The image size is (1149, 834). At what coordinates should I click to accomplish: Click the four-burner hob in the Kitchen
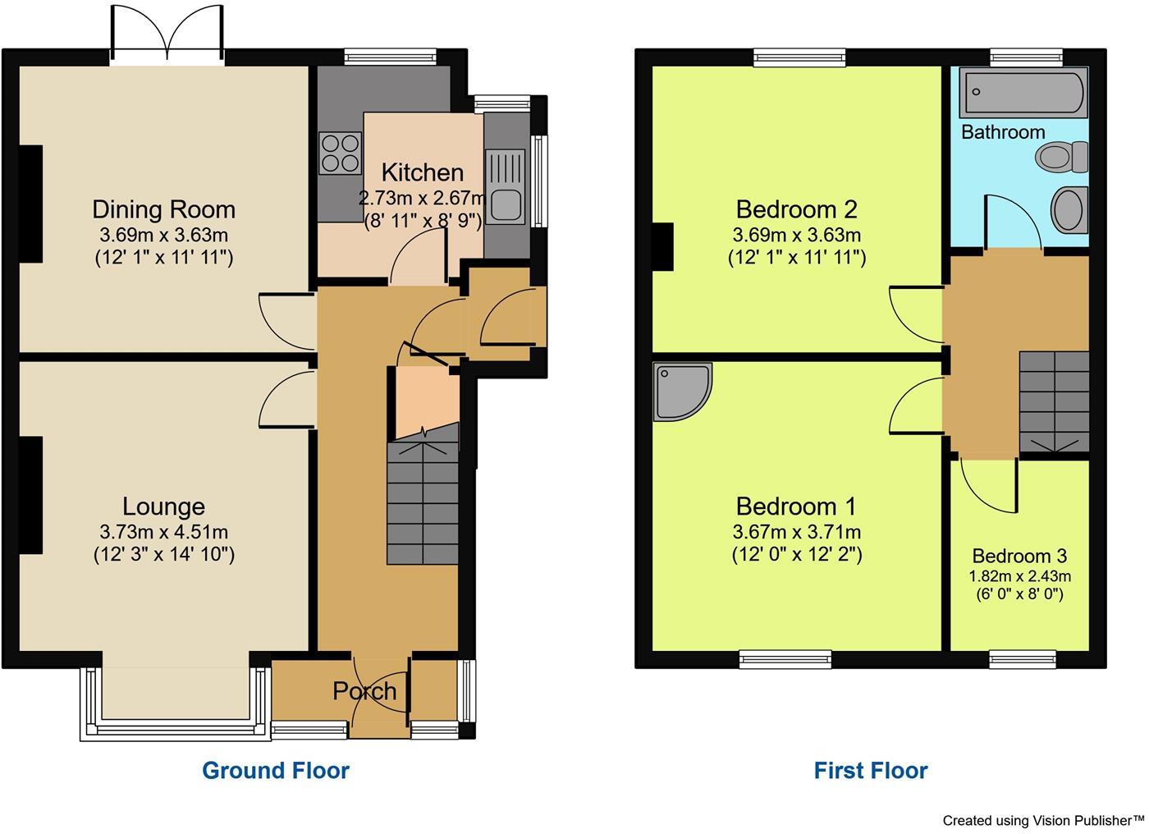(x=341, y=153)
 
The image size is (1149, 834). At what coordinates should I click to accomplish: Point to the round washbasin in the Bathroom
(x=1069, y=208)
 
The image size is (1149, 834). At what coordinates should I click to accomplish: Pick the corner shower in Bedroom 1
(x=681, y=392)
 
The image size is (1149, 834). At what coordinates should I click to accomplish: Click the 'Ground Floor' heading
(x=276, y=770)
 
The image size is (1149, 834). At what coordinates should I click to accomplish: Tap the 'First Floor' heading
(x=870, y=770)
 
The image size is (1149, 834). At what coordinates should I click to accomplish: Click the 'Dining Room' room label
(x=163, y=209)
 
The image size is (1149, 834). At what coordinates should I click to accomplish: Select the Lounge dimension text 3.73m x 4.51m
(x=163, y=532)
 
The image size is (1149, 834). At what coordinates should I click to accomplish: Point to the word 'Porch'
(x=364, y=691)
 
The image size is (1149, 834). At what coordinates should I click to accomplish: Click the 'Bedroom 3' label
(x=1019, y=556)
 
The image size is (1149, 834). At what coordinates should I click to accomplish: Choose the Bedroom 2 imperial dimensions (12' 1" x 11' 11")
(x=796, y=257)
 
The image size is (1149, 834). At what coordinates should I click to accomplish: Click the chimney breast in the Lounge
(x=30, y=495)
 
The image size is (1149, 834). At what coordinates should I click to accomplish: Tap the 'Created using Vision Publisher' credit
(x=1042, y=819)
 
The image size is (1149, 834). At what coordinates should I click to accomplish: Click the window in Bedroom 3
(x=1022, y=658)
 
